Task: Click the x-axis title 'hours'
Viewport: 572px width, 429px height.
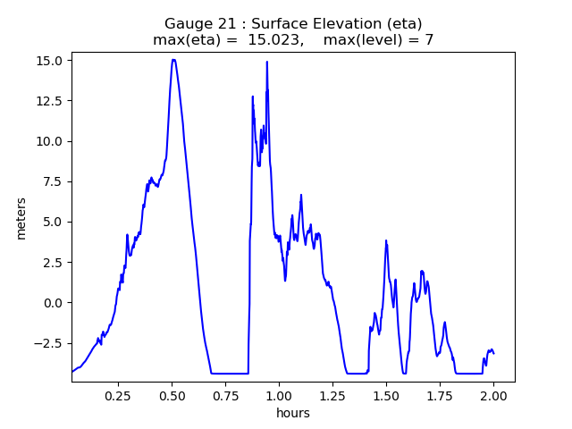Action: (x=293, y=413)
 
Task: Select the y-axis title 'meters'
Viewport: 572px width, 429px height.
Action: (x=21, y=218)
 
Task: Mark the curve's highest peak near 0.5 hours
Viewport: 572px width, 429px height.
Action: (x=173, y=60)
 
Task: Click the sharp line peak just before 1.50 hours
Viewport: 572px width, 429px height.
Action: (x=386, y=240)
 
